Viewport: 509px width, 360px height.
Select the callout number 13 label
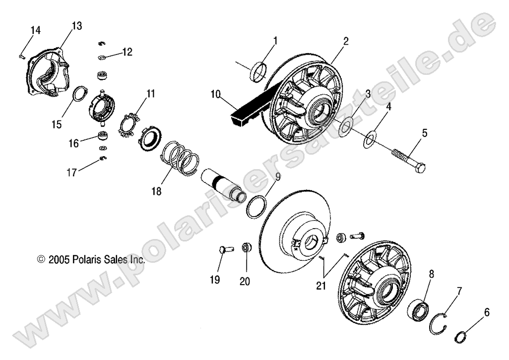pyautogui.click(x=76, y=26)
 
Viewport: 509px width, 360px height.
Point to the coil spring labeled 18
pyautogui.click(x=181, y=160)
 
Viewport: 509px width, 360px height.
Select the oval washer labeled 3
pyautogui.click(x=345, y=127)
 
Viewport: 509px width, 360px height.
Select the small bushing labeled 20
pyautogui.click(x=246, y=248)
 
